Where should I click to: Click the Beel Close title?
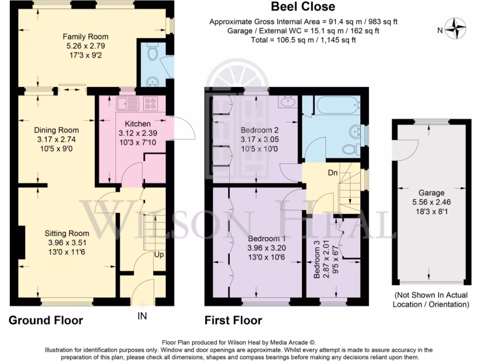point(303,7)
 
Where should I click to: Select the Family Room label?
point(85,37)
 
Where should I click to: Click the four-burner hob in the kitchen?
point(151,102)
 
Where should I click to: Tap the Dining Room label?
point(56,130)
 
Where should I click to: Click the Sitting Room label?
point(67,233)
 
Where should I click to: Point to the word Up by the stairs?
point(159,254)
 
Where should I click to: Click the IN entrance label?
point(142,316)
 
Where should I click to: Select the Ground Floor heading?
point(46,321)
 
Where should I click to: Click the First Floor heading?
point(233,321)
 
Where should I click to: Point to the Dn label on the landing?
point(333,173)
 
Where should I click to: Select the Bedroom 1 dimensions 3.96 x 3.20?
point(267,248)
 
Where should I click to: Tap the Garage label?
point(432,193)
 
